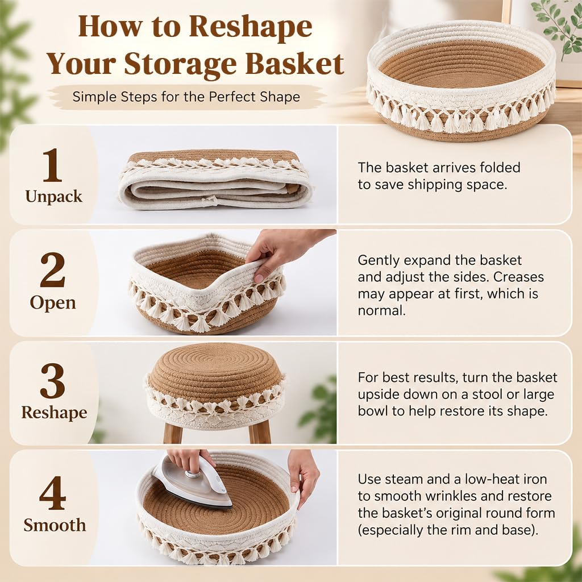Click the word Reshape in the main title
[x=251, y=27]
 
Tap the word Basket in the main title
[x=295, y=64]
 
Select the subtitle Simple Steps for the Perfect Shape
[x=186, y=97]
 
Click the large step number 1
[x=52, y=165]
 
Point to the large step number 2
[x=52, y=270]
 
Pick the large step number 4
[x=53, y=493]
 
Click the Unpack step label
[x=54, y=197]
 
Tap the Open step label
[x=53, y=302]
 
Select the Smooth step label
[x=55, y=525]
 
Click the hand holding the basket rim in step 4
[x=304, y=477]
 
